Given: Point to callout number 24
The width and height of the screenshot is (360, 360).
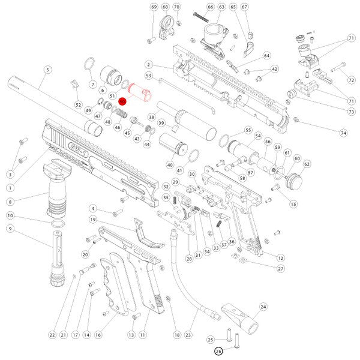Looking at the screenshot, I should (263, 307).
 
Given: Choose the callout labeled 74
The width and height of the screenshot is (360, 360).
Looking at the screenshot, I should (344, 133).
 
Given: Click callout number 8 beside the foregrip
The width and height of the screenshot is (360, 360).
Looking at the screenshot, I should (11, 203).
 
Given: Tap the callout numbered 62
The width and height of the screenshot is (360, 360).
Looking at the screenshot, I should (307, 164).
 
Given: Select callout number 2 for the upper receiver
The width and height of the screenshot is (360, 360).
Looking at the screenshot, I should (148, 64).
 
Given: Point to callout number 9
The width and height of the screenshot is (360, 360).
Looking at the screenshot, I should (11, 229).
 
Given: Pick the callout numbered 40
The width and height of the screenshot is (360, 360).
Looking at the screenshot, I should (170, 165).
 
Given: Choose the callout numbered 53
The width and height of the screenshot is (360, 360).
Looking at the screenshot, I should (148, 76).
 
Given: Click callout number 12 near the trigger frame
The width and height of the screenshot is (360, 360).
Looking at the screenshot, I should (280, 257).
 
